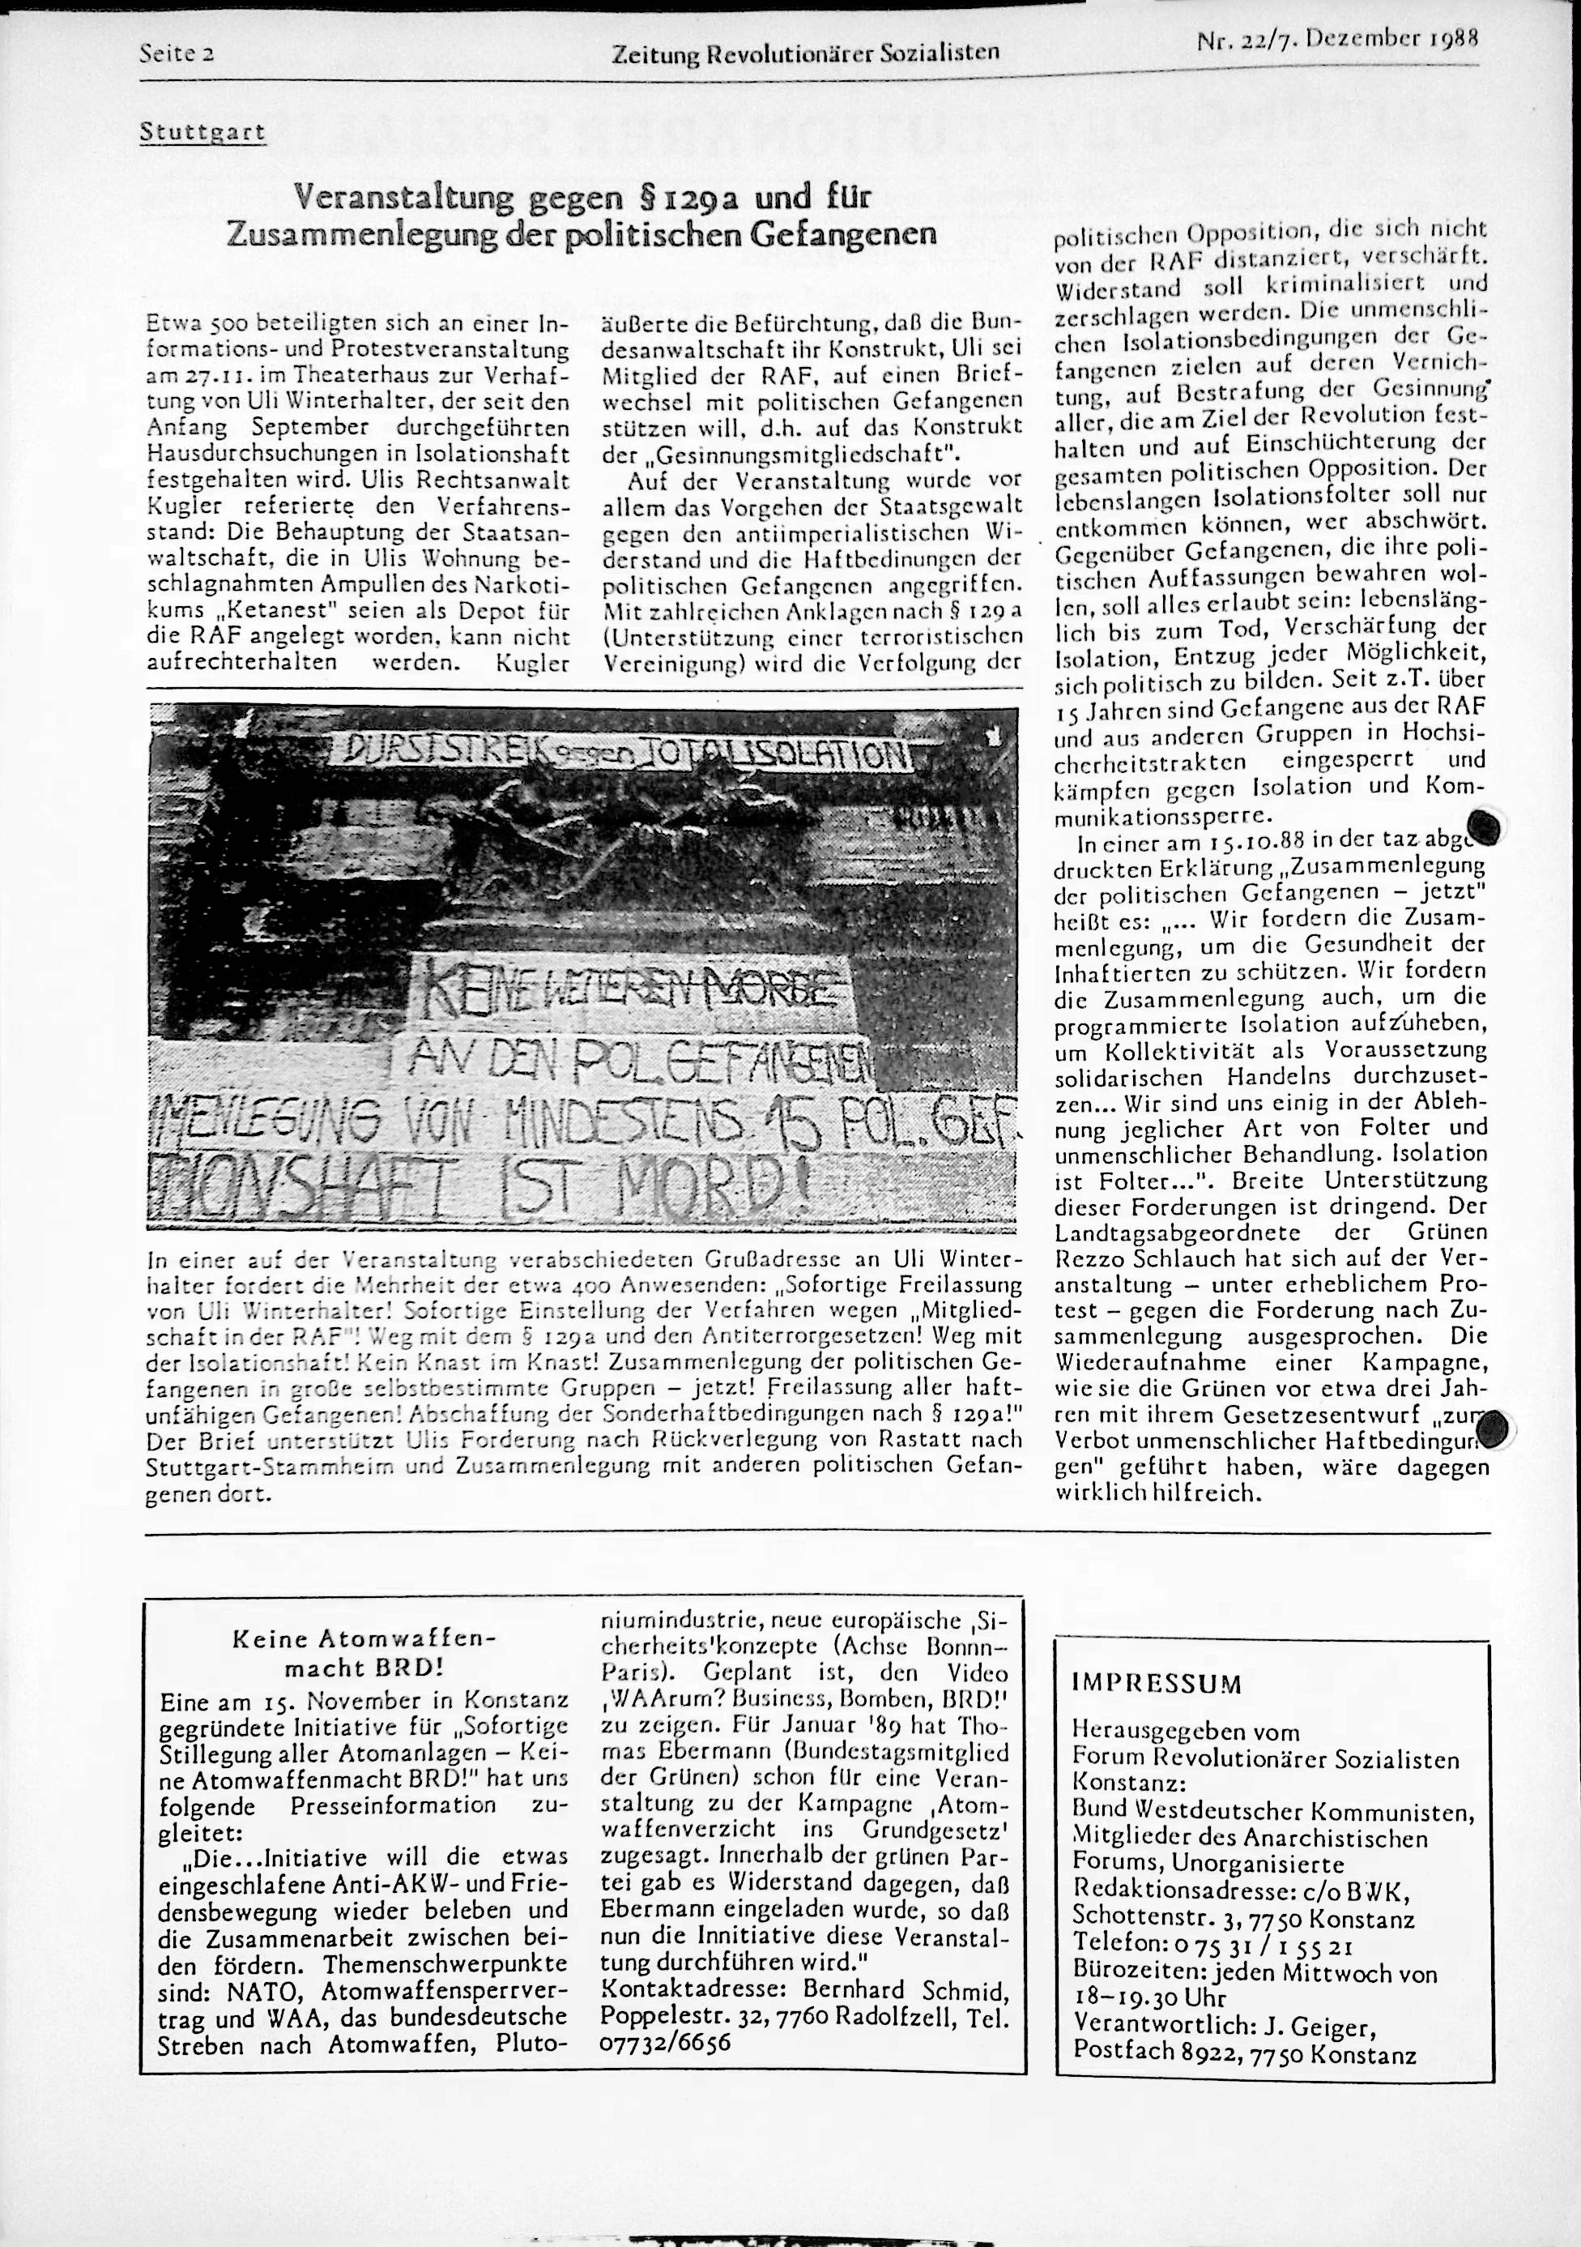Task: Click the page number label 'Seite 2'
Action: pos(177,53)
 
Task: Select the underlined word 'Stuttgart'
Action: pos(202,131)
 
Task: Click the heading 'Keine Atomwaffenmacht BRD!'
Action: pos(363,1652)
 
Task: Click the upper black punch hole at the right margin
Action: pos(1483,827)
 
